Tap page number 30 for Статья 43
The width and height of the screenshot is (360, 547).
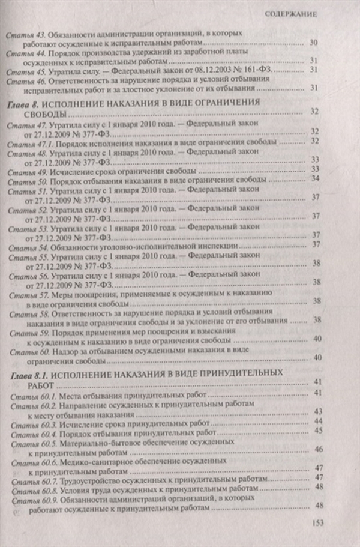tap(314, 43)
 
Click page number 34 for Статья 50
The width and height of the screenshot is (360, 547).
tap(315, 179)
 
